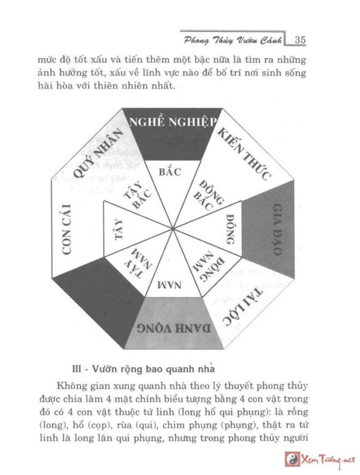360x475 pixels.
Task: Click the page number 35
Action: pyautogui.click(x=300, y=40)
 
